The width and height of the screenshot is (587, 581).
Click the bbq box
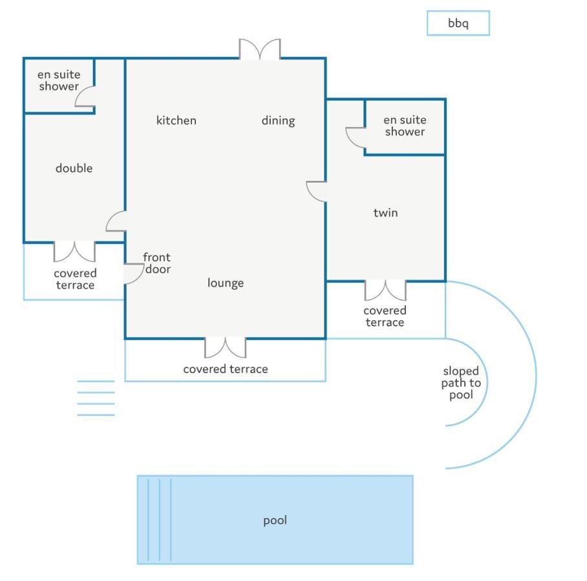458,23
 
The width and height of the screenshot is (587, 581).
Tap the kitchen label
176,120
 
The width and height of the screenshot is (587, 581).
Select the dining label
278,121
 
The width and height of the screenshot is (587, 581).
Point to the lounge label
226,283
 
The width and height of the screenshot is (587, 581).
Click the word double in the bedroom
74,168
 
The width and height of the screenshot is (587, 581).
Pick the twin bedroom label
385,213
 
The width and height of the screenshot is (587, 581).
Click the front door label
157,263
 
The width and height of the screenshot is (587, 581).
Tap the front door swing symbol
134,274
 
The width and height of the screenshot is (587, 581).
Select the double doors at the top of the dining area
260,49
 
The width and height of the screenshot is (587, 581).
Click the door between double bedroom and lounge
116,221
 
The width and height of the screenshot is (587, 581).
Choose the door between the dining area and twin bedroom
316,192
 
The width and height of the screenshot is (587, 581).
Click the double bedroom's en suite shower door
85,96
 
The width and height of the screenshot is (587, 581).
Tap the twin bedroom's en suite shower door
356,138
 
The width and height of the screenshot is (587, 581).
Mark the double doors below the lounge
226,348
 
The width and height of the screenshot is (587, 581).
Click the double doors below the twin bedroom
385,290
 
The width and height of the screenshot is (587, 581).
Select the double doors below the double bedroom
74,252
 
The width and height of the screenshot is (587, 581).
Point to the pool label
275,520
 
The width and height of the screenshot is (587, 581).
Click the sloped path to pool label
461,383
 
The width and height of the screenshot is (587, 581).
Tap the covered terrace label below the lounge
226,369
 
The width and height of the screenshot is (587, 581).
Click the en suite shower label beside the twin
405,126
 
